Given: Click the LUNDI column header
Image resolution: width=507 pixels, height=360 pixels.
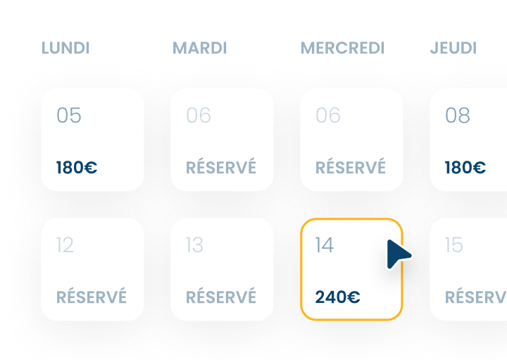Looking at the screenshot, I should [x=65, y=49].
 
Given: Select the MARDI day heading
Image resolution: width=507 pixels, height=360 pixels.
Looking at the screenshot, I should [x=200, y=49].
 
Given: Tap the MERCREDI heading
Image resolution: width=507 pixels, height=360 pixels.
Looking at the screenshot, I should [x=343, y=49].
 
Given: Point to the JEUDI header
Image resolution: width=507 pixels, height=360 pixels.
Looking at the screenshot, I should [x=453, y=49].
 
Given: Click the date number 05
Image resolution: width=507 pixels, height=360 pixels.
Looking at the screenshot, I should [x=69, y=115].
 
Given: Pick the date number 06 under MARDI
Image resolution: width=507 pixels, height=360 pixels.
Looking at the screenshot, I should [x=199, y=115].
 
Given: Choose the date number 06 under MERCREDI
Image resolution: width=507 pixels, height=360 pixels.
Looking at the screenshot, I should [x=328, y=115].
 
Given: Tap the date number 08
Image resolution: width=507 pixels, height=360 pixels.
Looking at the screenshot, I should [x=458, y=115].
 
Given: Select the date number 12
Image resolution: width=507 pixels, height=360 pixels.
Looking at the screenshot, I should [x=65, y=245].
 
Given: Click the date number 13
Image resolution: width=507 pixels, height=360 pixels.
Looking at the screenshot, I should [x=194, y=245].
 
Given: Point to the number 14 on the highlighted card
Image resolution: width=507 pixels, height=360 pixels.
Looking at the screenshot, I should [x=325, y=245].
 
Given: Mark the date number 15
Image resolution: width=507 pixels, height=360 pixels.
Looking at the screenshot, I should [x=454, y=245].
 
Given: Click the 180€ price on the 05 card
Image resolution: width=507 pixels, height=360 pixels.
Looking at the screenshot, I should [x=77, y=168].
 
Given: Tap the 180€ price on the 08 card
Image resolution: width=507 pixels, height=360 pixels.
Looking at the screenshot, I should [x=465, y=168].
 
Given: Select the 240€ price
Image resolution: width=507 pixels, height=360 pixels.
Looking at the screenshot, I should [x=337, y=297].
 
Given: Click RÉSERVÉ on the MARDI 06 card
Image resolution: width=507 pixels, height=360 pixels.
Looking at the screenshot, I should [x=221, y=168].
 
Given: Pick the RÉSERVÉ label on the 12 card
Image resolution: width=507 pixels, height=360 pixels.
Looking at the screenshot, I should [x=92, y=297].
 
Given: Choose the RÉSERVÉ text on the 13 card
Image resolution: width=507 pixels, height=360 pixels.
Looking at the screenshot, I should [x=221, y=297].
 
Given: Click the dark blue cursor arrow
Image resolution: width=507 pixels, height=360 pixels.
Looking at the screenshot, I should [x=398, y=255].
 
